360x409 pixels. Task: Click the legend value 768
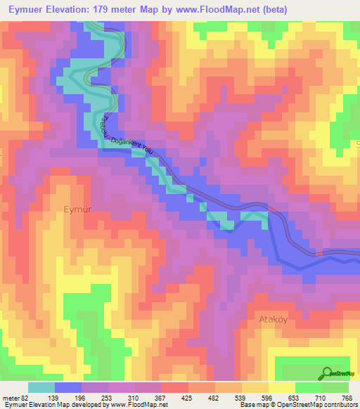tap(347, 398)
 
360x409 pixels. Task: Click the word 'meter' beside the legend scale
tap(12, 398)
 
